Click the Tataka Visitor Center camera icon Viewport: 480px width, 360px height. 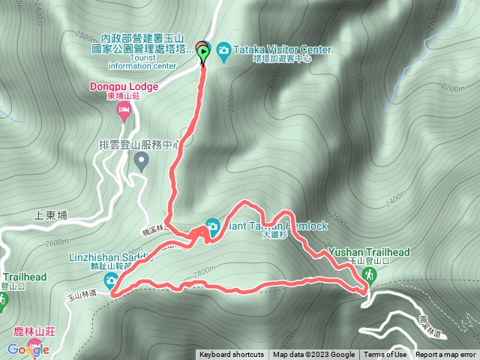click(223, 50)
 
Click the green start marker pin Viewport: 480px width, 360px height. click(203, 54)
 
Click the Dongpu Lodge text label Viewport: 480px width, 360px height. click(124, 87)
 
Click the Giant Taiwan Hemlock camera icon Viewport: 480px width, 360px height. click(212, 225)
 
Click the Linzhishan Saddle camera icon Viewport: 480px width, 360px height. click(112, 280)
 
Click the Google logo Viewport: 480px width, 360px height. click(28, 349)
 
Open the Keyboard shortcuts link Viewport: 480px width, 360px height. click(232, 355)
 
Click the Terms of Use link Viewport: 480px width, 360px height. click(385, 355)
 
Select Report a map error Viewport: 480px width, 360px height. click(445, 355)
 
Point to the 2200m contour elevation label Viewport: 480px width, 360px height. click(454, 88)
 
